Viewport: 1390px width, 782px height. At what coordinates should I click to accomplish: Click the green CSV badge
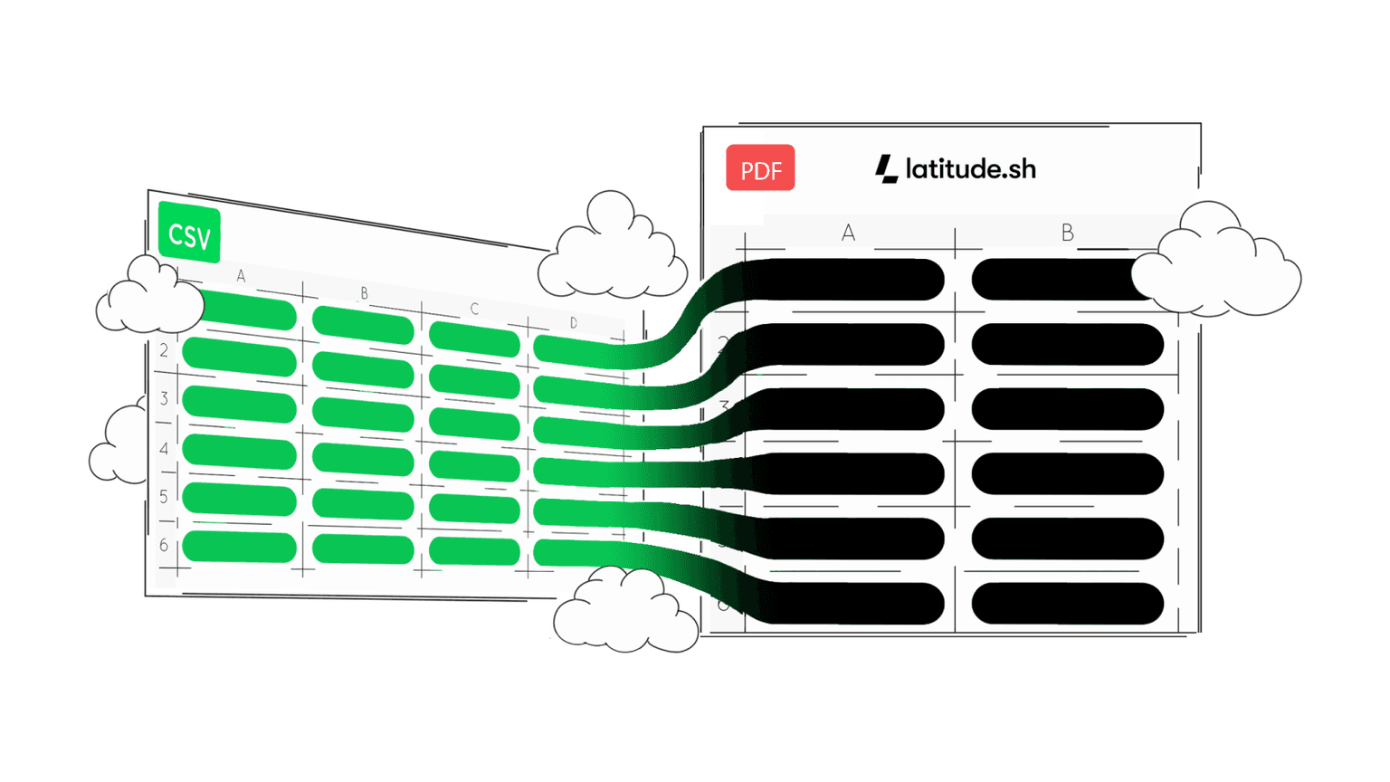[189, 234]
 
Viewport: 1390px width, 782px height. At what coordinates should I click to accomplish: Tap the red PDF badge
[760, 168]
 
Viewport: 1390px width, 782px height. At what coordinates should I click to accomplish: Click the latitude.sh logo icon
[887, 168]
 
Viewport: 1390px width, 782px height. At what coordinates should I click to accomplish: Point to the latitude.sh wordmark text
[970, 169]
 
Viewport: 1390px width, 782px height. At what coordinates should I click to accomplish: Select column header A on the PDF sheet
[848, 234]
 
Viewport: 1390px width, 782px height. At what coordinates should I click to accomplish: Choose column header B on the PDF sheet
[1068, 234]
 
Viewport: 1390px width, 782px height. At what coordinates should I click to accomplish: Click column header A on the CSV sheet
[241, 276]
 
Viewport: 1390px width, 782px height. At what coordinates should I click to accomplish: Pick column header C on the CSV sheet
[474, 310]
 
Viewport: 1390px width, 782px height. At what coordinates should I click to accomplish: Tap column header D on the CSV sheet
[574, 323]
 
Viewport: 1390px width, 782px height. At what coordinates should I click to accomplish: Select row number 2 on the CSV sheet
[164, 350]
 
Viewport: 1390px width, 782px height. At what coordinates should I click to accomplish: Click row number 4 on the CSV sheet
[164, 449]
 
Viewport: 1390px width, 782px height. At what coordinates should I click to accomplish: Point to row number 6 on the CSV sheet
[164, 545]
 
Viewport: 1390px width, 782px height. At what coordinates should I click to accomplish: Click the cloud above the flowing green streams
[614, 249]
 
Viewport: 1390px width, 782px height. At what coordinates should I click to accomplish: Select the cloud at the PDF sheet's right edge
[1217, 262]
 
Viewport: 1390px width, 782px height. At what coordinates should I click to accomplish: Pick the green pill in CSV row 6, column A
[239, 548]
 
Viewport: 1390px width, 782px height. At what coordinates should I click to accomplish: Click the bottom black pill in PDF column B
[1067, 604]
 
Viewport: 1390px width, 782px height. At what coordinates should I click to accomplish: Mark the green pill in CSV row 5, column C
[474, 509]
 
